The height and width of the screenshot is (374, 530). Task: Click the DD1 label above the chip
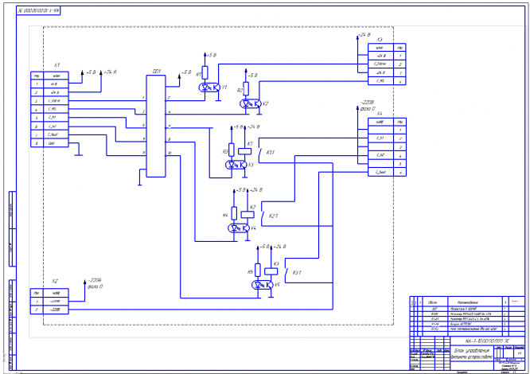[x=156, y=71]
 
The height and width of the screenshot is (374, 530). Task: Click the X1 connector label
[x=57, y=65]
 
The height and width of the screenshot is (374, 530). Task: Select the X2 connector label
[x=54, y=281]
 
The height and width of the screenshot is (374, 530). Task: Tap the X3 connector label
[x=380, y=39]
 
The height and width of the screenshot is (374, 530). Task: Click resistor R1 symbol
[x=205, y=72]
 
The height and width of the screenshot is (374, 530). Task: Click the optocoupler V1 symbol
[x=211, y=88]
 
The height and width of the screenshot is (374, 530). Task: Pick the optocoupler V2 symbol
[x=251, y=104]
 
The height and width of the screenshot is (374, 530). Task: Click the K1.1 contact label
[x=270, y=152]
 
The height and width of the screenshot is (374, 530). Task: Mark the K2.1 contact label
[x=273, y=216]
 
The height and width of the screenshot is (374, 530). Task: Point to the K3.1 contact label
[x=298, y=273]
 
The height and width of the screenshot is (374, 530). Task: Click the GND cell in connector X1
[x=53, y=144]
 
